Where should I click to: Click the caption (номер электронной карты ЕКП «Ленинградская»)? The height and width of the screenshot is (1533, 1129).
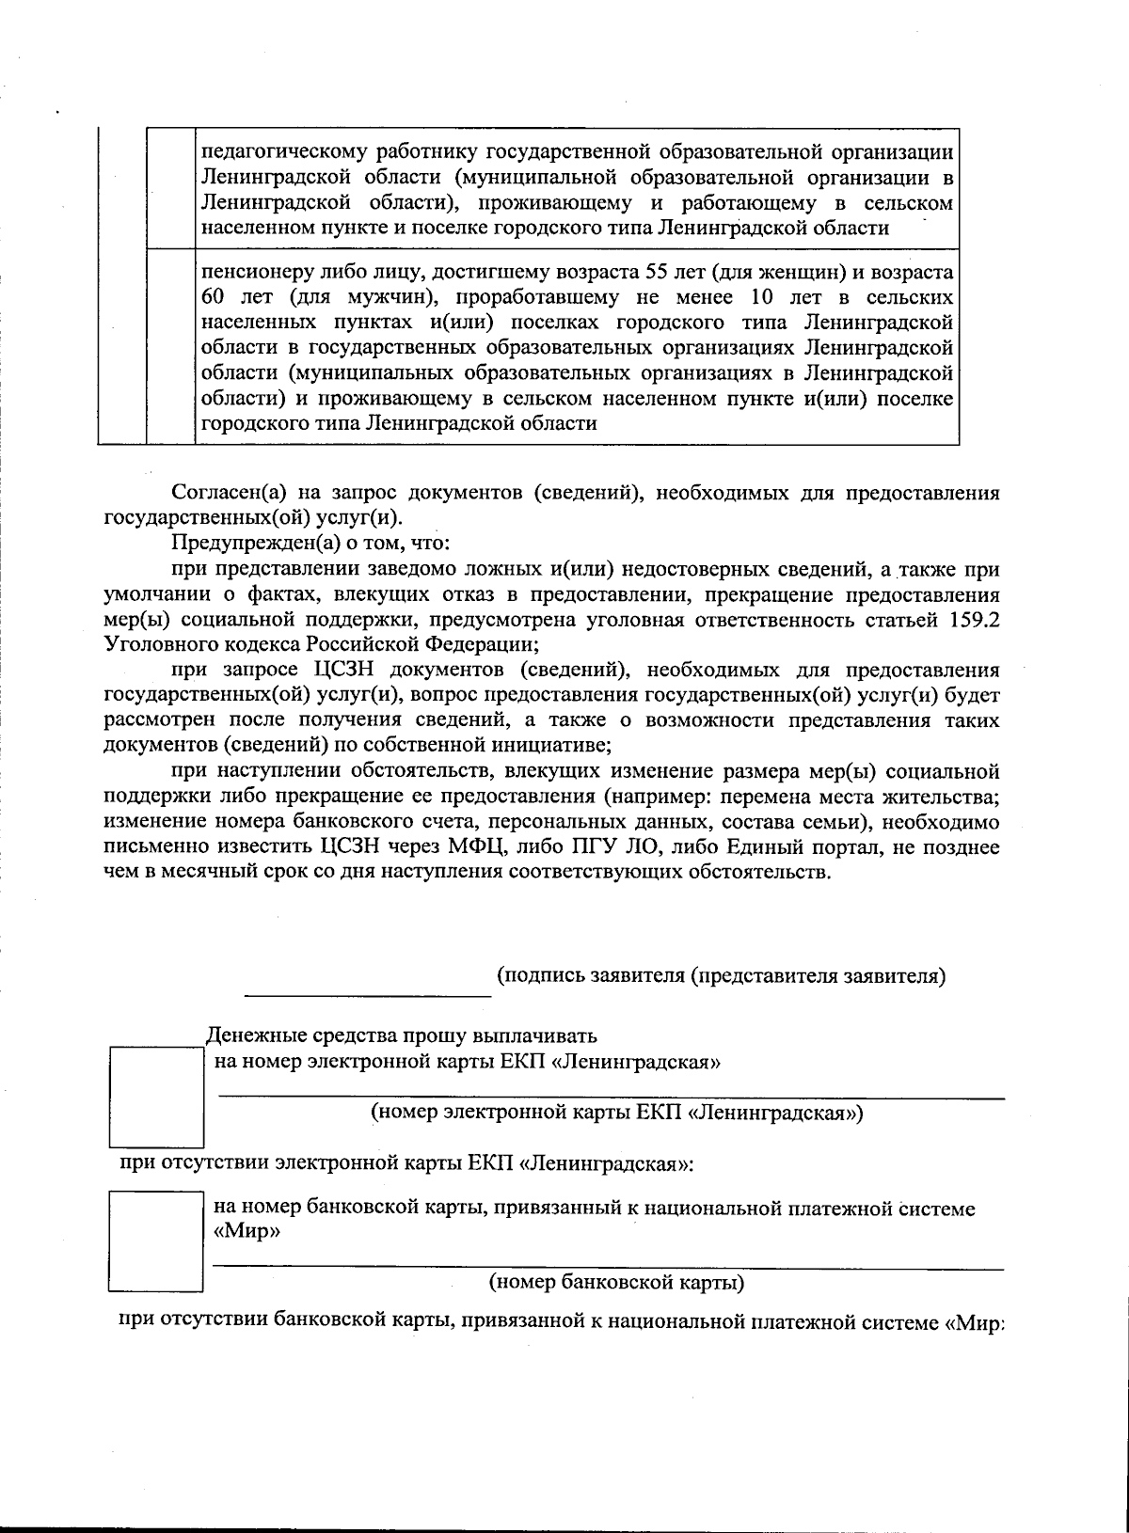pyautogui.click(x=617, y=1114)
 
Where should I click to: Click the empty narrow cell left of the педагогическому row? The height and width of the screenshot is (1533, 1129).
pyautogui.click(x=169, y=188)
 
